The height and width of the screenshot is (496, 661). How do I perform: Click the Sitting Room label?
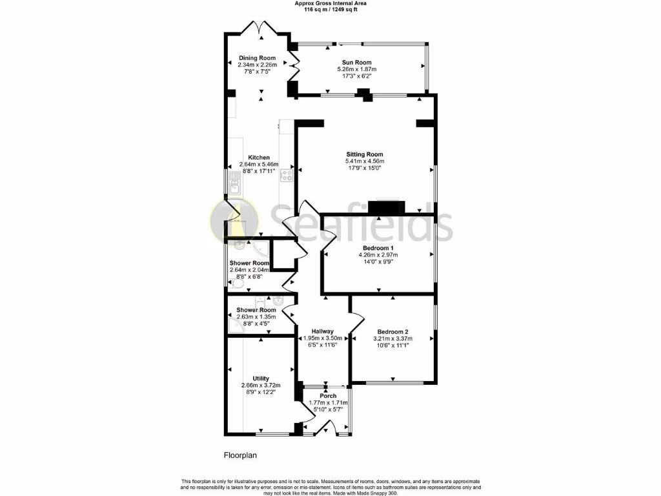pyautogui.click(x=364, y=154)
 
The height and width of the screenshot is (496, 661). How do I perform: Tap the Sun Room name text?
pyautogui.click(x=359, y=63)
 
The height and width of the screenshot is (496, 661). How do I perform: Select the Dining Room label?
pyautogui.click(x=257, y=58)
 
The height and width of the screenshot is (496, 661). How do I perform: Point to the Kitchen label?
pyautogui.click(x=259, y=158)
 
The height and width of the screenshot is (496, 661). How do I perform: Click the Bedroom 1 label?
pyautogui.click(x=378, y=248)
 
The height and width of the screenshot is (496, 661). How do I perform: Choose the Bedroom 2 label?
pyautogui.click(x=392, y=332)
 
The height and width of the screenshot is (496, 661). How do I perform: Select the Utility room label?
pyautogui.click(x=261, y=378)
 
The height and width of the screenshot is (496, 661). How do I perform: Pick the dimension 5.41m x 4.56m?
pyautogui.click(x=364, y=161)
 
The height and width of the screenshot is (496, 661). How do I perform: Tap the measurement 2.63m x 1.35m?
pyautogui.click(x=256, y=317)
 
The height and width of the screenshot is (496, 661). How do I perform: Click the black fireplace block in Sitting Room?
pyautogui.click(x=386, y=208)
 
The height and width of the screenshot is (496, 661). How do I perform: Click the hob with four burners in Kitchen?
pyautogui.click(x=287, y=173)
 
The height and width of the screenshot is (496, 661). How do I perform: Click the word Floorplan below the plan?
pyautogui.click(x=240, y=455)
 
